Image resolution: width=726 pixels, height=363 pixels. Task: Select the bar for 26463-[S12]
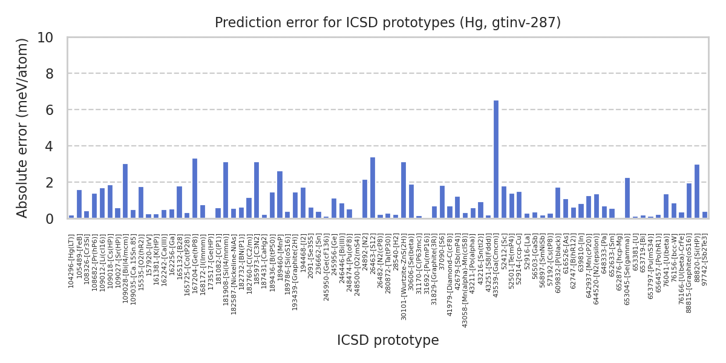pyautogui.click(x=373, y=188)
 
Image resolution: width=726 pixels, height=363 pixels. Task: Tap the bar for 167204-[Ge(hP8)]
pyautogui.click(x=195, y=188)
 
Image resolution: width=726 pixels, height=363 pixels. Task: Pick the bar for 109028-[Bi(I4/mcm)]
pyautogui.click(x=125, y=191)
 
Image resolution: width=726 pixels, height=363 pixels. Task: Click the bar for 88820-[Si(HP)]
pyautogui.click(x=697, y=191)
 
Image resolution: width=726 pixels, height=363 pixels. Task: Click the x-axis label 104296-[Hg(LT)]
pyautogui.click(x=71, y=261)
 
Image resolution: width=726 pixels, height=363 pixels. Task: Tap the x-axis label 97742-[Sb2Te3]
pyautogui.click(x=705, y=261)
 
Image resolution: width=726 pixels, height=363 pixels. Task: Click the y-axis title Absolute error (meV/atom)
pyautogui.click(x=22, y=128)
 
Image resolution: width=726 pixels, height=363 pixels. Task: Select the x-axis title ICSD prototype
pyautogui.click(x=388, y=341)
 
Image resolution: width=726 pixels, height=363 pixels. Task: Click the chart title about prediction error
pyautogui.click(x=388, y=23)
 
